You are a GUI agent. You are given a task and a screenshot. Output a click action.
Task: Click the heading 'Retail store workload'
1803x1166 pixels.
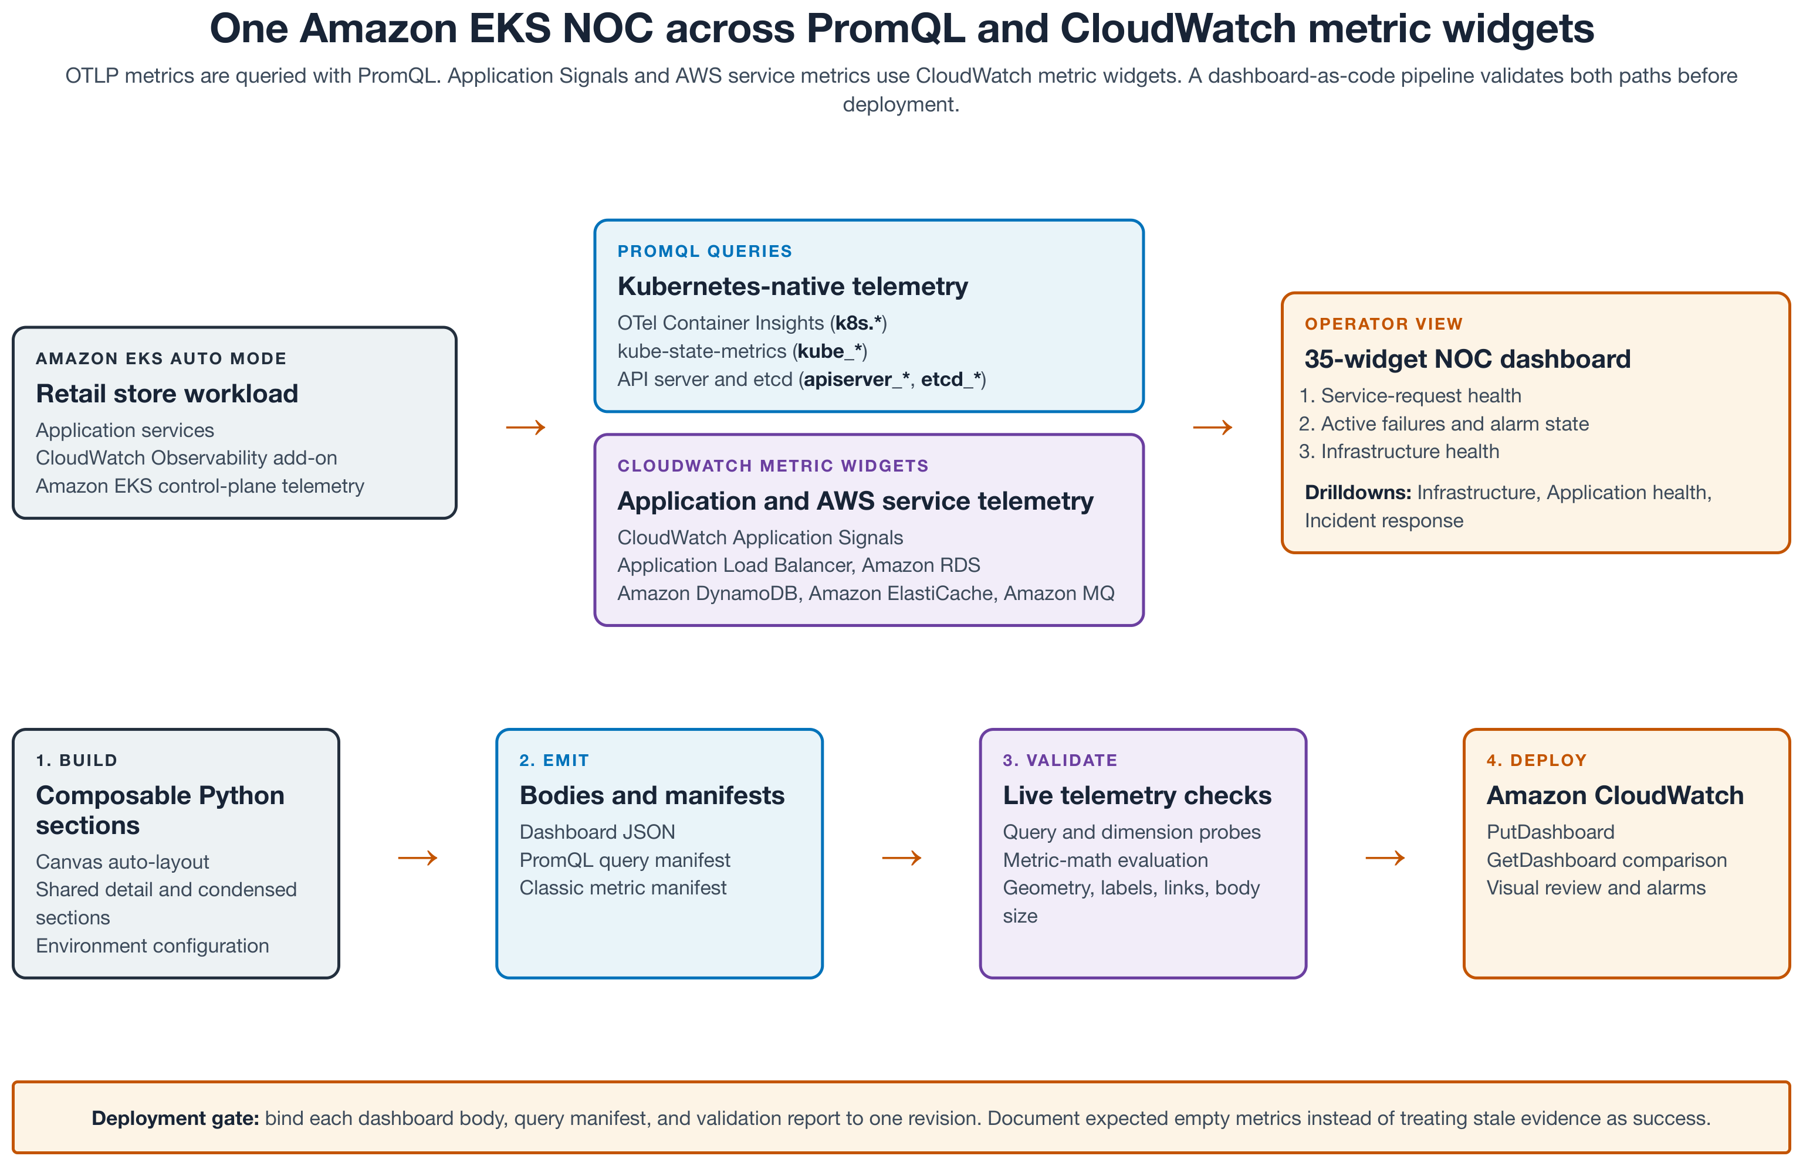coord(167,394)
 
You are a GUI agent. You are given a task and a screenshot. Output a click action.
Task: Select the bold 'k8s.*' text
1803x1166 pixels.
coord(858,323)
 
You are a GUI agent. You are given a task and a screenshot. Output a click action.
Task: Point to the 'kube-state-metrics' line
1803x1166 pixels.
coord(742,351)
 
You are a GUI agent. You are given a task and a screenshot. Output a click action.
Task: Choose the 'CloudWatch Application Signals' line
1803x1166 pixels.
coord(760,538)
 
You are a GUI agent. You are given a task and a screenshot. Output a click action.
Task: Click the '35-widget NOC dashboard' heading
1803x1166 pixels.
coord(1467,359)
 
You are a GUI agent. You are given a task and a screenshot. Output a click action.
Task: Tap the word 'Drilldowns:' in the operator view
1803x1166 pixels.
coord(1358,493)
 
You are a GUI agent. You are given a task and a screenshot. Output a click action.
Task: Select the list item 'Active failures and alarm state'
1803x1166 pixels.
coord(1454,424)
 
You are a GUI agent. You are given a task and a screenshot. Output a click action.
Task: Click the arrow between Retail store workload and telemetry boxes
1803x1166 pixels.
coord(526,428)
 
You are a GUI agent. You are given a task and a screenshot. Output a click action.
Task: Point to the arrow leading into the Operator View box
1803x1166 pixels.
coord(1212,428)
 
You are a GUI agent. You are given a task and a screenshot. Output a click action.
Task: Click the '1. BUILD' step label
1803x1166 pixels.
coord(76,760)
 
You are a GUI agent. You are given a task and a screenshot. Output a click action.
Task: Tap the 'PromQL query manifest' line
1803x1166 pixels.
coord(625,860)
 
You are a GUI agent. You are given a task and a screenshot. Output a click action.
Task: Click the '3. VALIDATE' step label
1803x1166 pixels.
coord(1060,760)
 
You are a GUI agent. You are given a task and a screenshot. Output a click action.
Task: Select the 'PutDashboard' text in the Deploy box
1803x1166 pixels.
coord(1550,832)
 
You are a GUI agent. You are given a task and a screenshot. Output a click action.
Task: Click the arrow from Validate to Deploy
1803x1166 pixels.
coord(1385,858)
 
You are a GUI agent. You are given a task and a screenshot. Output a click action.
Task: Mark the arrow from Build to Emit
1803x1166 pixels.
coord(418,858)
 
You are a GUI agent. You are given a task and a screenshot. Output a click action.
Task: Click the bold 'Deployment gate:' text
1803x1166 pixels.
coord(175,1118)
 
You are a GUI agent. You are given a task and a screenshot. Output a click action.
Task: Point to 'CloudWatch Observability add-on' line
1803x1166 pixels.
coord(186,458)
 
